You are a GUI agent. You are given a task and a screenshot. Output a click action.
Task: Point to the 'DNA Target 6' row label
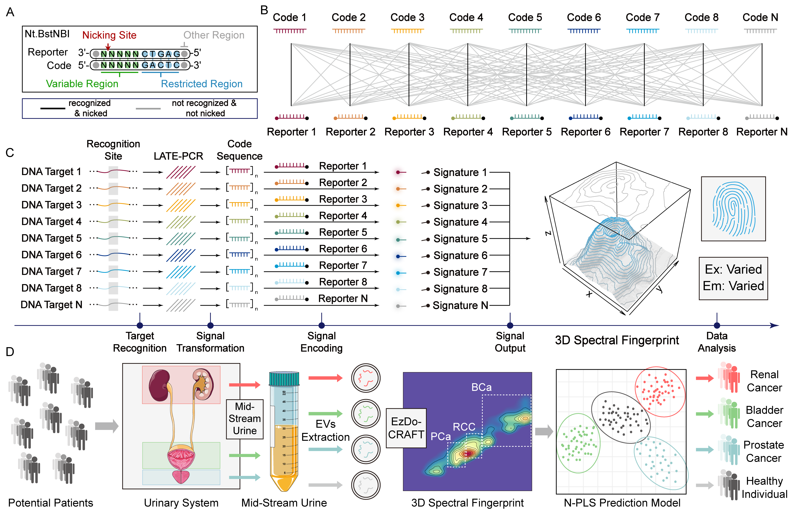51,255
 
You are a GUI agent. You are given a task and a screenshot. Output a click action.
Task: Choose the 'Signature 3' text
460,206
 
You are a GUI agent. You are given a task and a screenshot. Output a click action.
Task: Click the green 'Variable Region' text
82,84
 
